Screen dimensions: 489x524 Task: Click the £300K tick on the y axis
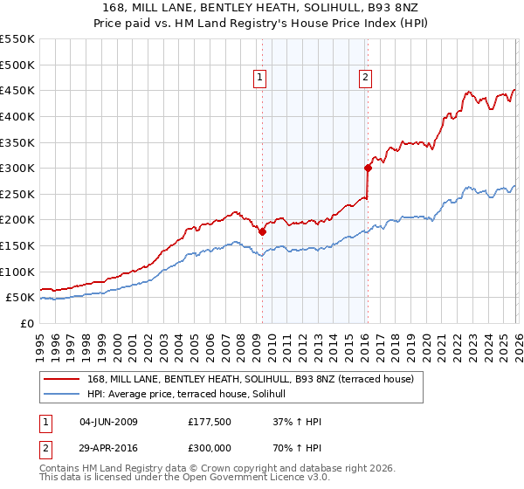point(17,168)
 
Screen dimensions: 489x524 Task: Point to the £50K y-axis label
point(20,298)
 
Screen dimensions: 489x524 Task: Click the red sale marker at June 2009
point(262,231)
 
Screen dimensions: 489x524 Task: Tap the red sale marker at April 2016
point(368,169)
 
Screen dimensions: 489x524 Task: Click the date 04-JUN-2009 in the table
point(108,423)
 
